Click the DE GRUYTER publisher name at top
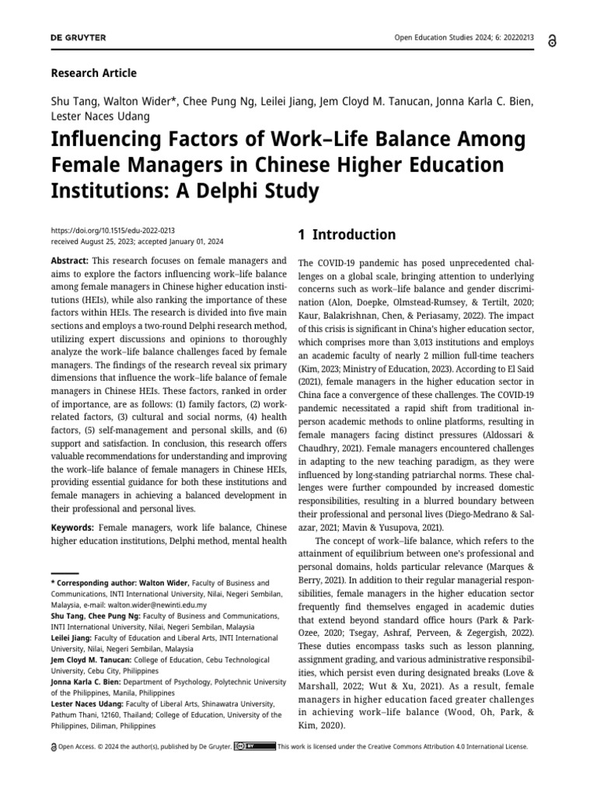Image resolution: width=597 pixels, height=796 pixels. point(79,38)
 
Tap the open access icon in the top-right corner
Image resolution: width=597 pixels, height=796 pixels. point(553,40)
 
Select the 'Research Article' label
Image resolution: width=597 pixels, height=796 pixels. point(93,73)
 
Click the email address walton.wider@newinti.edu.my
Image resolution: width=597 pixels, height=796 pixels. point(165,603)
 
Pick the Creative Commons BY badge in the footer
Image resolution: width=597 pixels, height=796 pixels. point(254,746)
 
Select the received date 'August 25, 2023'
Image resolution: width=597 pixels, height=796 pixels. point(116,242)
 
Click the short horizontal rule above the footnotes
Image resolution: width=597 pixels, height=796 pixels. point(61,569)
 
